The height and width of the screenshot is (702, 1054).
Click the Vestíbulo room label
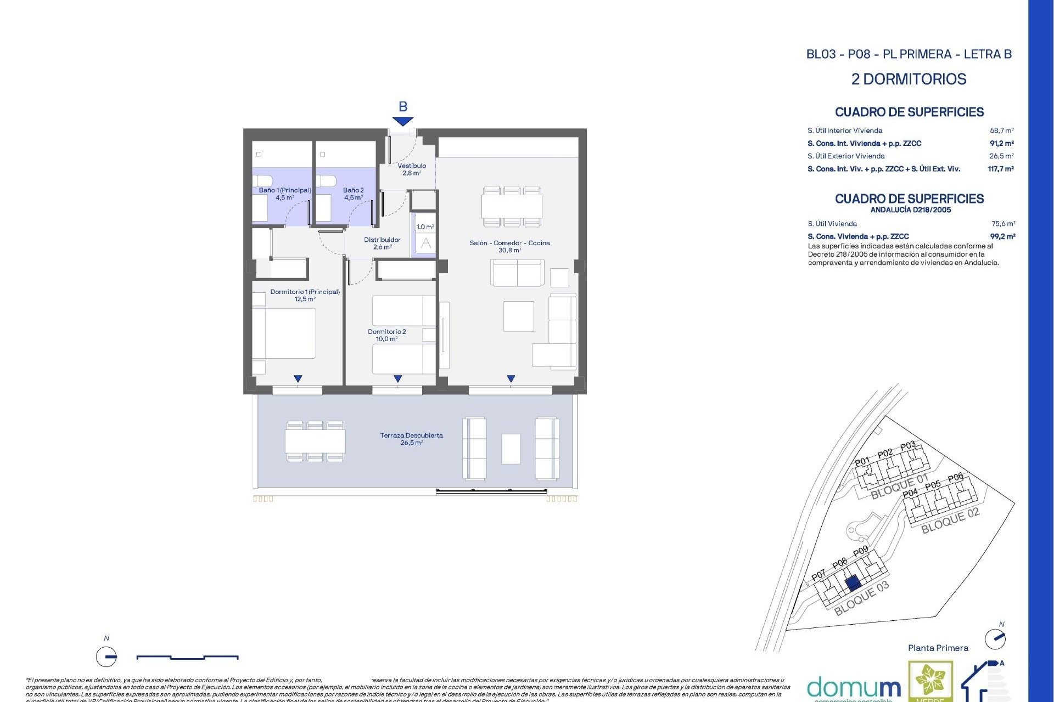[411, 169]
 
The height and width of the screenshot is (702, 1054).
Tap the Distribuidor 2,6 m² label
[382, 243]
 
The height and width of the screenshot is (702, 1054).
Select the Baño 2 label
[353, 194]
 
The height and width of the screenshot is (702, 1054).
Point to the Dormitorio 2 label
[386, 335]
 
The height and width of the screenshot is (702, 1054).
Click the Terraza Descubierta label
[411, 439]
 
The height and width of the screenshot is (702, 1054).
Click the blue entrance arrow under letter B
[402, 121]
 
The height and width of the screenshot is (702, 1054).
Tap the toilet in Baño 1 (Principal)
[263, 180]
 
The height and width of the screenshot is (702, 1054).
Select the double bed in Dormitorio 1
[284, 333]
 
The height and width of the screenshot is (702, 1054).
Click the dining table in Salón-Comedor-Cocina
[512, 206]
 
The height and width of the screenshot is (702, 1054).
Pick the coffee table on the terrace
[511, 449]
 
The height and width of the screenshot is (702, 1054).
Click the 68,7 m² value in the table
[1001, 131]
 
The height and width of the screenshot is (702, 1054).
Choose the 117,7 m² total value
[1000, 169]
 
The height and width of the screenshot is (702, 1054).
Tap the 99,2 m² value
[1002, 236]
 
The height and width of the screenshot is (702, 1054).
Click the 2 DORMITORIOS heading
[909, 79]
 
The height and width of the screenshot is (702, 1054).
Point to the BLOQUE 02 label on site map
[950, 520]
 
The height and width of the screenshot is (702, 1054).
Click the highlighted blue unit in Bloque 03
[852, 583]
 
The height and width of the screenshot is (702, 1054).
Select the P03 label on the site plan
[908, 445]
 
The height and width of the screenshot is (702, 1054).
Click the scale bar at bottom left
[187, 656]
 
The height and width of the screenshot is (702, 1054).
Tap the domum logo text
[854, 688]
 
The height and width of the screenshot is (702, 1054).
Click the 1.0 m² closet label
[425, 227]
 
